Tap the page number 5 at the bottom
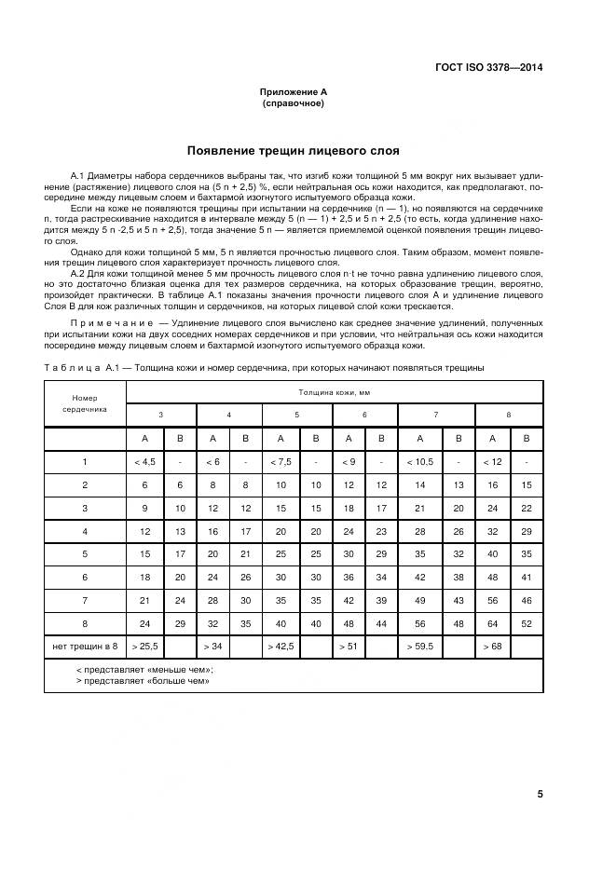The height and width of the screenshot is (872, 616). coord(541,794)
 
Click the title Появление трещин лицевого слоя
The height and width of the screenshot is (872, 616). coord(293,150)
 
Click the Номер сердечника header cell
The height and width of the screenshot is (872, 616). coord(85,402)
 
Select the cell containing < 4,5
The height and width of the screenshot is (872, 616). coord(144,461)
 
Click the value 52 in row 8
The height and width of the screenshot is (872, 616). coord(527,624)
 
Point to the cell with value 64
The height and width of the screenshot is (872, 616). coord(491,624)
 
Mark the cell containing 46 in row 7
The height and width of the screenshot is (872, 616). coord(527,601)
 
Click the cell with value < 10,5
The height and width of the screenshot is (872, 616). coord(419,461)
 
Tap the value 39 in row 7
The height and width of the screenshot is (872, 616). coord(381,601)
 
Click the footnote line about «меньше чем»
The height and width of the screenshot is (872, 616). coord(144,669)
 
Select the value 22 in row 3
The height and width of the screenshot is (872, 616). coord(527,508)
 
